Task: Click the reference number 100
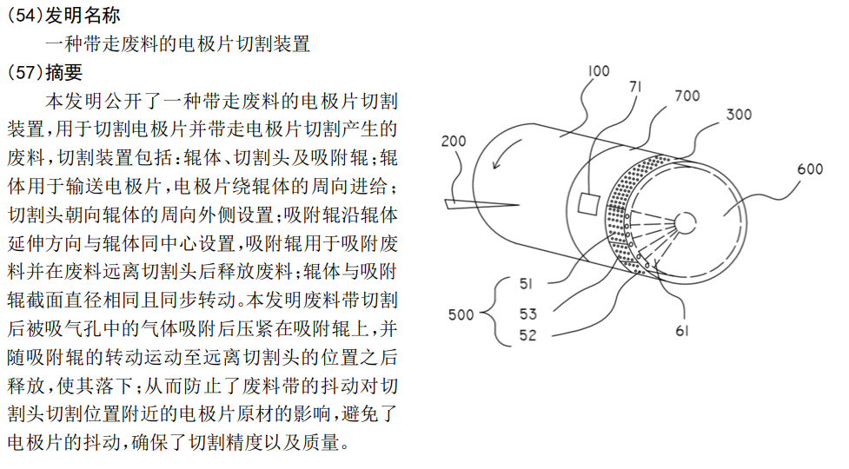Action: point(599,71)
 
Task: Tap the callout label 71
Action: point(636,87)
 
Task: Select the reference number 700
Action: point(687,96)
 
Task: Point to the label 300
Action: point(739,115)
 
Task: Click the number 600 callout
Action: point(810,168)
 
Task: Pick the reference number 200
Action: point(454,141)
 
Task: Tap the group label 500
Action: point(461,314)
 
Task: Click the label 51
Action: point(526,283)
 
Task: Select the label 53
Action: point(528,314)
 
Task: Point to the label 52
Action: point(528,335)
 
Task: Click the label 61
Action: point(681,331)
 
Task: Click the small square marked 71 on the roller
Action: point(588,203)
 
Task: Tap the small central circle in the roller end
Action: point(685,223)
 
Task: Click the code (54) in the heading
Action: point(25,15)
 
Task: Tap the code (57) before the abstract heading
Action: point(25,72)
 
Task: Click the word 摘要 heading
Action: point(64,72)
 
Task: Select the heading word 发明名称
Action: point(83,15)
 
